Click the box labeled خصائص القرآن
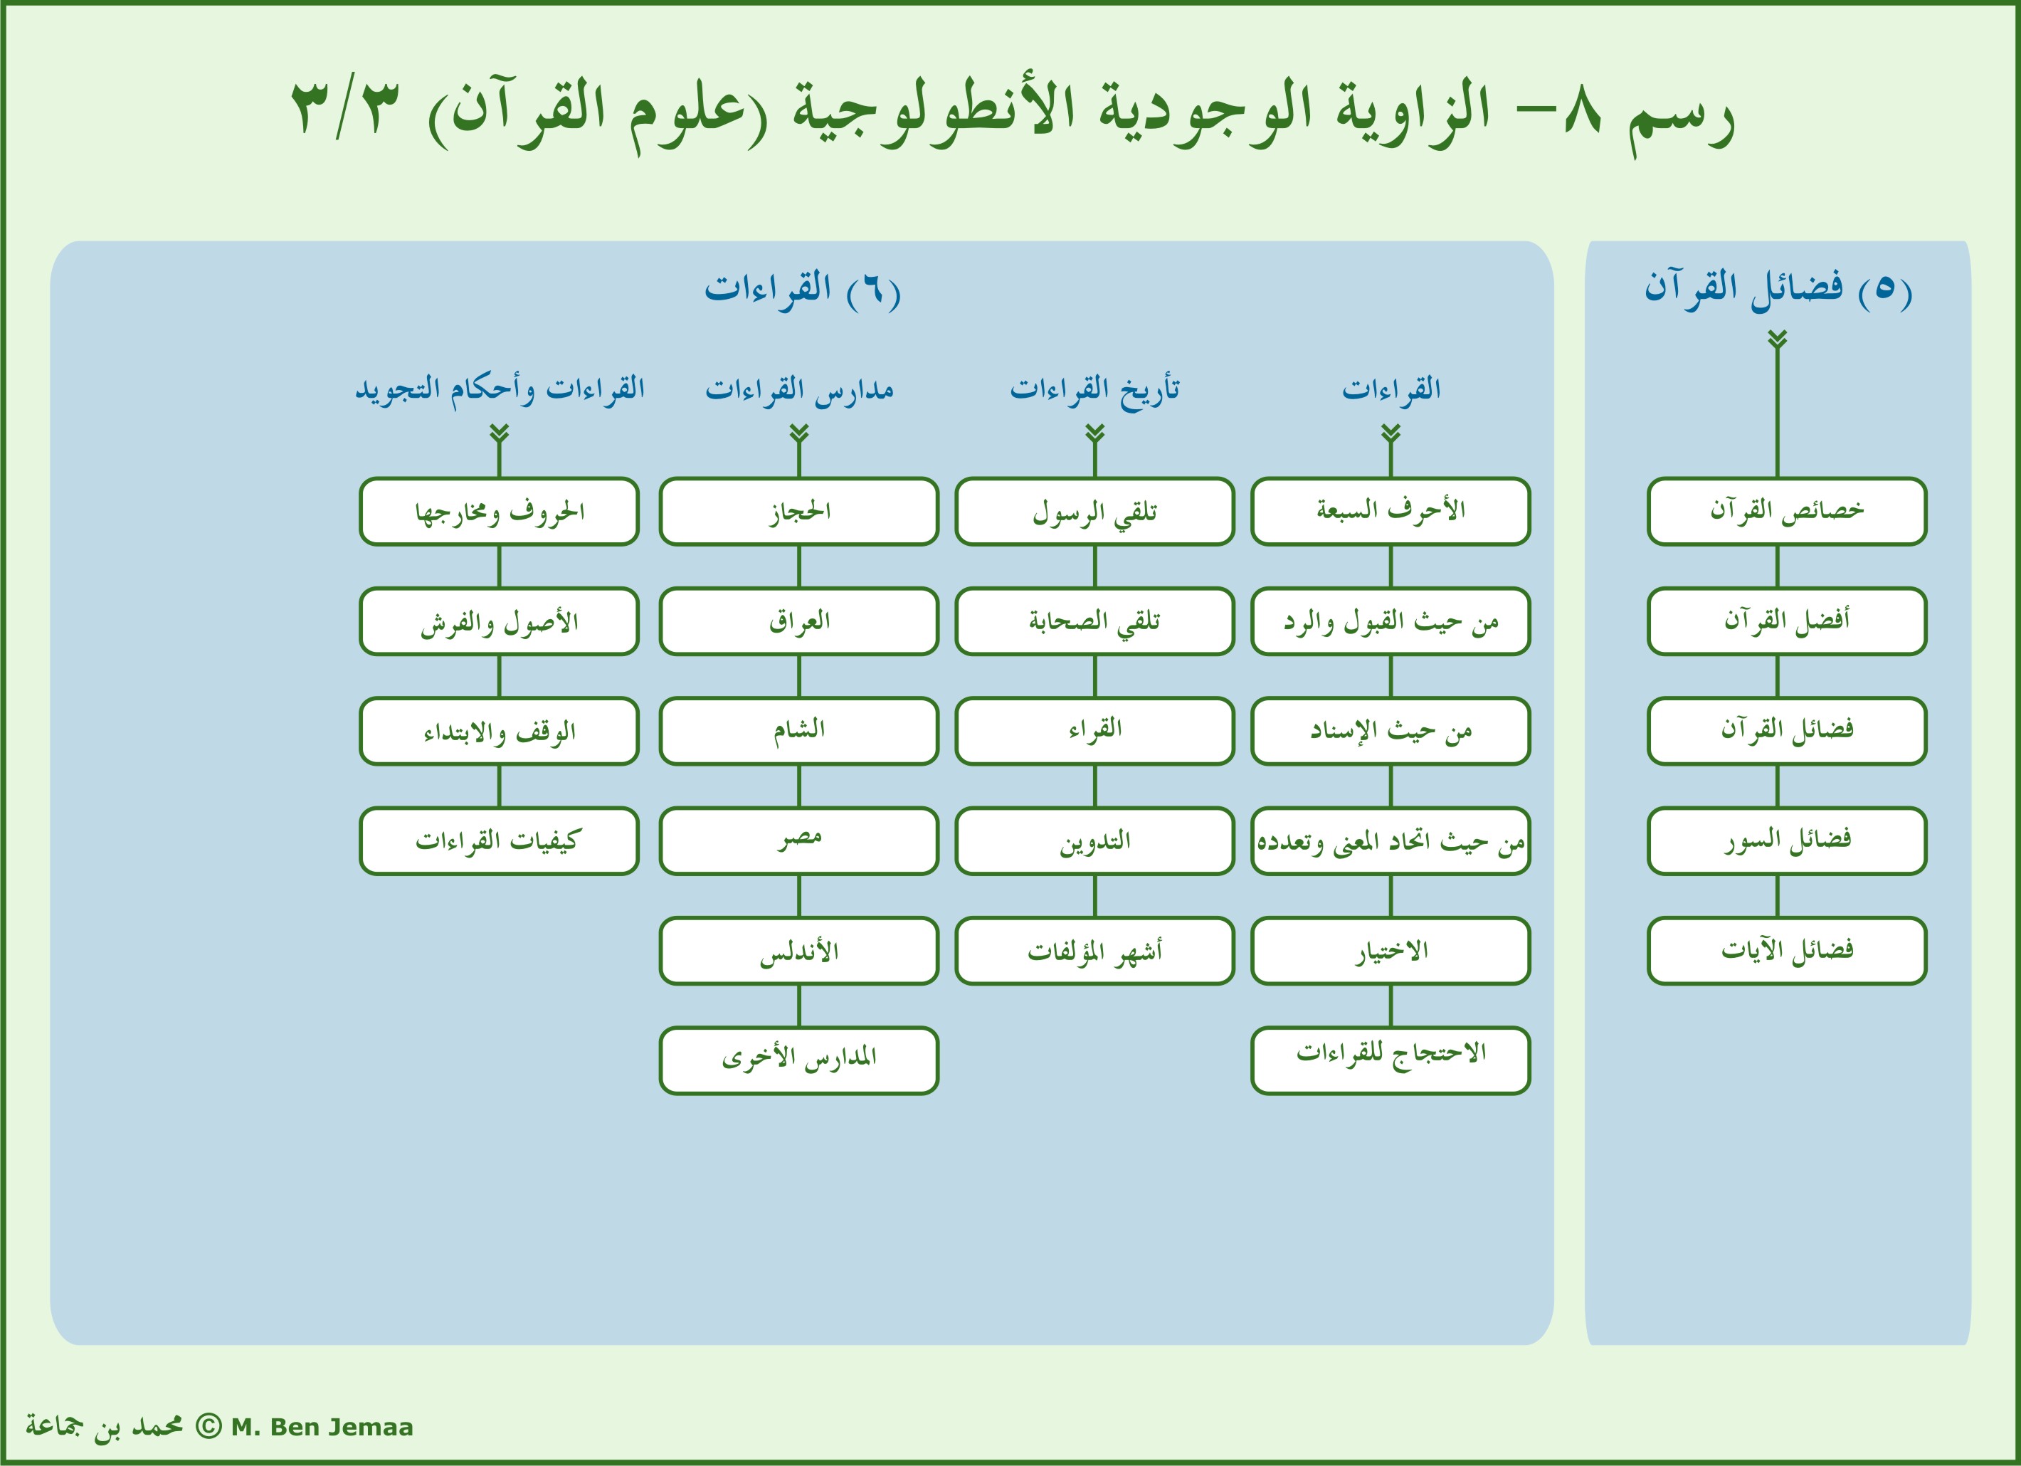pos(1787,512)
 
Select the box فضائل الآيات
pos(1787,951)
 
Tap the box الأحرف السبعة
pos(1390,512)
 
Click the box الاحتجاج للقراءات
pos(1390,1060)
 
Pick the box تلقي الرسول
pos(1094,512)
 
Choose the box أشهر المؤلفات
pos(1094,951)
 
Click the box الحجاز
pos(798,512)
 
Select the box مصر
pos(798,841)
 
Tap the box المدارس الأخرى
pos(798,1060)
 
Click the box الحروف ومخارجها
pos(499,512)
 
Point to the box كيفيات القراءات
pos(499,841)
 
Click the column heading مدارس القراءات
pos(798,389)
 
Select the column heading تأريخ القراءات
pos(1094,389)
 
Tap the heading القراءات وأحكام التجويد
pos(499,389)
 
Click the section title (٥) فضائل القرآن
pos(1778,289)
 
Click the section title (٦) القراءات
pos(802,289)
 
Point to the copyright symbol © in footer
pos(208,1427)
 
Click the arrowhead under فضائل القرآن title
pos(1778,339)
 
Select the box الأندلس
pos(798,951)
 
